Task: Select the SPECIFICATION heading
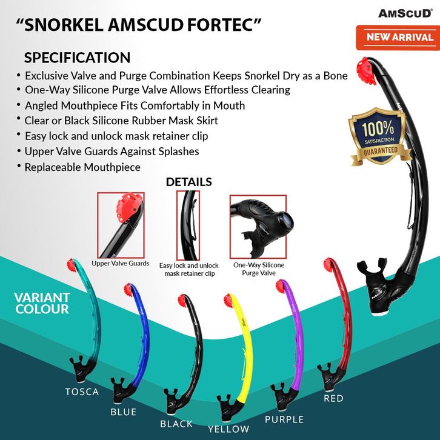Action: pyautogui.click(x=77, y=58)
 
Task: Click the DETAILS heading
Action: pyautogui.click(x=188, y=182)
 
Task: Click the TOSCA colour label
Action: pyautogui.click(x=82, y=392)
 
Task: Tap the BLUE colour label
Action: pyautogui.click(x=123, y=412)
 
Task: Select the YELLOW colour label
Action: pyautogui.click(x=228, y=429)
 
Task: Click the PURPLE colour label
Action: pyautogui.click(x=284, y=419)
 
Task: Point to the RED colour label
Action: pyautogui.click(x=333, y=398)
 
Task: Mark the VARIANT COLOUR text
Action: pyautogui.click(x=42, y=303)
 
